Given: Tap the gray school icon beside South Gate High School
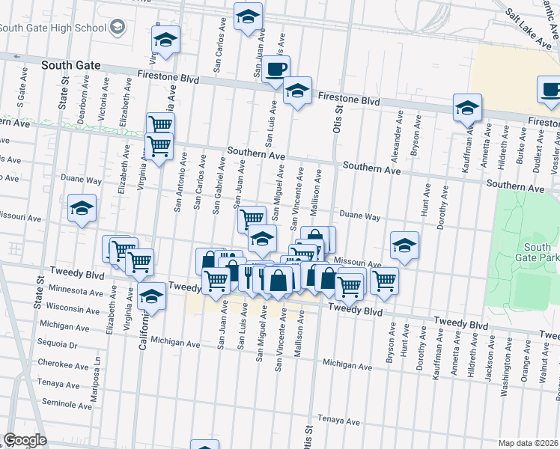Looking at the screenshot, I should coord(118,28).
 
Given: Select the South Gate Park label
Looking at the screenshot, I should coord(538,253).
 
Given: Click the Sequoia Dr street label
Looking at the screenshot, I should coord(63,345).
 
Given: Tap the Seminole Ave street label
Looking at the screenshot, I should coord(67,404).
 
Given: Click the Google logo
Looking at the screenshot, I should coord(24,440).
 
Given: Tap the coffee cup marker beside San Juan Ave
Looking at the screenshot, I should coord(276,69).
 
